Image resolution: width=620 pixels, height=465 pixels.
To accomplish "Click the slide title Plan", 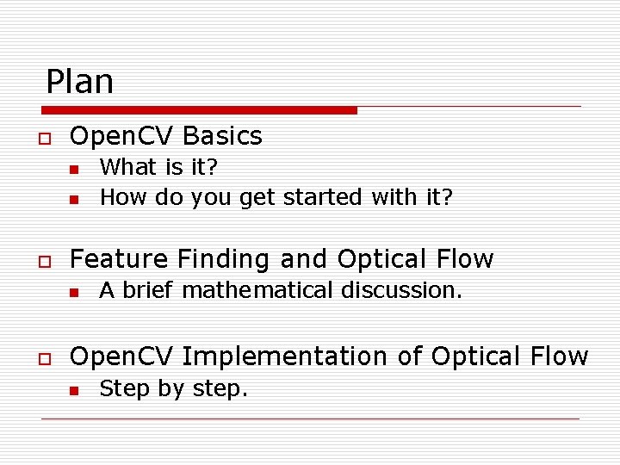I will tap(79, 82).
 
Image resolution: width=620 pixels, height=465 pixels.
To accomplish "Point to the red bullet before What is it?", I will tap(75, 169).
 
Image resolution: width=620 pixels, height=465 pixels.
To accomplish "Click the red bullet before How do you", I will tap(75, 200).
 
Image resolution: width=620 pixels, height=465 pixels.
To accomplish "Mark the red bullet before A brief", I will tap(75, 293).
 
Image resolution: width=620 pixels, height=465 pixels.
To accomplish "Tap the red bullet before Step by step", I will tap(75, 392).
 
